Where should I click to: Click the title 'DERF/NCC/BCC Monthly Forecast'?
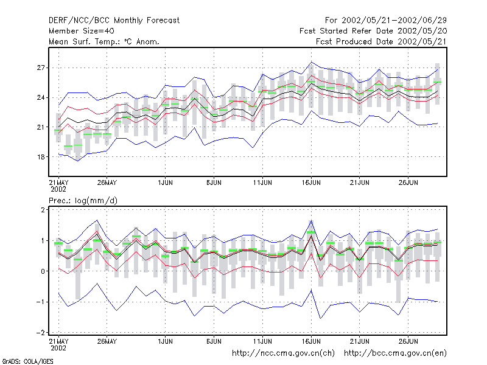point(114,21)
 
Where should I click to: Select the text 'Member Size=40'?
point(82,31)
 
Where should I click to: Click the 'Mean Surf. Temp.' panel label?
point(104,41)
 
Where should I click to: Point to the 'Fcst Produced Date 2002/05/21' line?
point(382,41)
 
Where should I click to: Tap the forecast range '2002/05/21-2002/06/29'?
point(394,21)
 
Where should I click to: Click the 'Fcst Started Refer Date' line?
point(373,31)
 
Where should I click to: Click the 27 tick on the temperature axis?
point(41,68)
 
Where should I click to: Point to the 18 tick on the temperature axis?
point(41,157)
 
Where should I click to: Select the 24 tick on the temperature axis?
point(41,97)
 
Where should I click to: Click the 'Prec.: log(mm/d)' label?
point(83,201)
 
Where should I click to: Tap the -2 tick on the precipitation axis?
point(41,332)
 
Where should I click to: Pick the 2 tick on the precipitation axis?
point(43,210)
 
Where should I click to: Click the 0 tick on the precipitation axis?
point(43,271)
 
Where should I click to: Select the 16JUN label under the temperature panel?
point(311,182)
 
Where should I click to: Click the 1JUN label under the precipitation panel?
point(165,341)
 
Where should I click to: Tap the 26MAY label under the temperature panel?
point(107,182)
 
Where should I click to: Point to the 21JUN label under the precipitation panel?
point(360,341)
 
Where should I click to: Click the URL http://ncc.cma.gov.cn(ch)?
point(284,353)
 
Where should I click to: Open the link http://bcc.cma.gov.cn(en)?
point(395,353)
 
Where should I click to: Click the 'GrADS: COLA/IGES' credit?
point(28,361)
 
